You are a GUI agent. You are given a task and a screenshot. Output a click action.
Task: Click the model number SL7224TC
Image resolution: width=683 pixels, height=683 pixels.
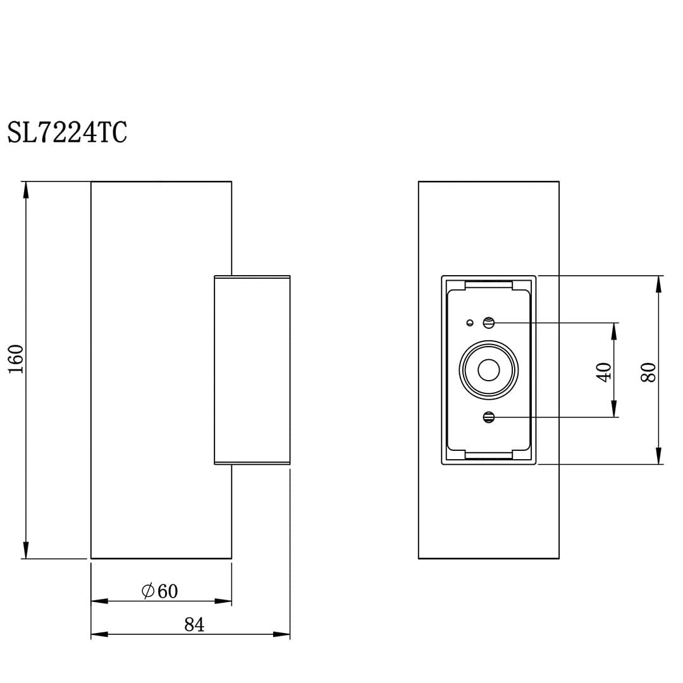(67, 133)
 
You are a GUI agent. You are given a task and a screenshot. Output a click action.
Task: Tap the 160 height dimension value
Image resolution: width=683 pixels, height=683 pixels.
(16, 359)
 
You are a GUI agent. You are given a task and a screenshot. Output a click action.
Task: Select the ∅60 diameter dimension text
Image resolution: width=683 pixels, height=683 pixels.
(160, 591)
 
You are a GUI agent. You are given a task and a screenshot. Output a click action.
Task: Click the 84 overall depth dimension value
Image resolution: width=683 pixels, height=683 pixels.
(194, 625)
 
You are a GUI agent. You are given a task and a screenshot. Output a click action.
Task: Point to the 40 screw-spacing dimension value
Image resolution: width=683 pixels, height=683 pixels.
(604, 371)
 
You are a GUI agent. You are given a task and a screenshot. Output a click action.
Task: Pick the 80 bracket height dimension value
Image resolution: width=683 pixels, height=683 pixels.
(648, 371)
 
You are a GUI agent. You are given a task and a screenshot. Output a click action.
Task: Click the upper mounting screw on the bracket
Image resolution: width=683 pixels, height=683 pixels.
(488, 323)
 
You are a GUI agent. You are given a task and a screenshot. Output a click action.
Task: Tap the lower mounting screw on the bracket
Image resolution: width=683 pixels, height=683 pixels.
(488, 417)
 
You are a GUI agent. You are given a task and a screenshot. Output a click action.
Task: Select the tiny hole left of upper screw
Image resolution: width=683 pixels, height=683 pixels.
(470, 323)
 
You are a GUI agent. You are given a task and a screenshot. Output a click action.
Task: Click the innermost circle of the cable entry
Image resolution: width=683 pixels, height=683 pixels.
(488, 370)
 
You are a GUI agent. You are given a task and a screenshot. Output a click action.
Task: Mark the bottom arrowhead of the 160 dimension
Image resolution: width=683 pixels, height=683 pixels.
(26, 550)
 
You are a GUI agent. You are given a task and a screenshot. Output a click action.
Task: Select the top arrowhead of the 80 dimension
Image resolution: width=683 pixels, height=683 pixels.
(658, 284)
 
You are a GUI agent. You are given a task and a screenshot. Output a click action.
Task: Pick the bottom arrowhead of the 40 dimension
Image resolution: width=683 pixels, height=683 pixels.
(614, 409)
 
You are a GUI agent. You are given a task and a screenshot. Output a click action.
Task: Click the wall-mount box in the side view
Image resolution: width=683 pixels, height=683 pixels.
(252, 370)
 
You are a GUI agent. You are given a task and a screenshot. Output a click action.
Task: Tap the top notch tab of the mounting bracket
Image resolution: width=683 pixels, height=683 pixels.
(488, 285)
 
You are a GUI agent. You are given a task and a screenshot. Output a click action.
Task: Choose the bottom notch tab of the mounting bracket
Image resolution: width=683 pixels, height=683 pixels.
(488, 455)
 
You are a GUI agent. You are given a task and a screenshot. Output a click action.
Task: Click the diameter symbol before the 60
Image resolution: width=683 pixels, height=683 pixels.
(148, 591)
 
